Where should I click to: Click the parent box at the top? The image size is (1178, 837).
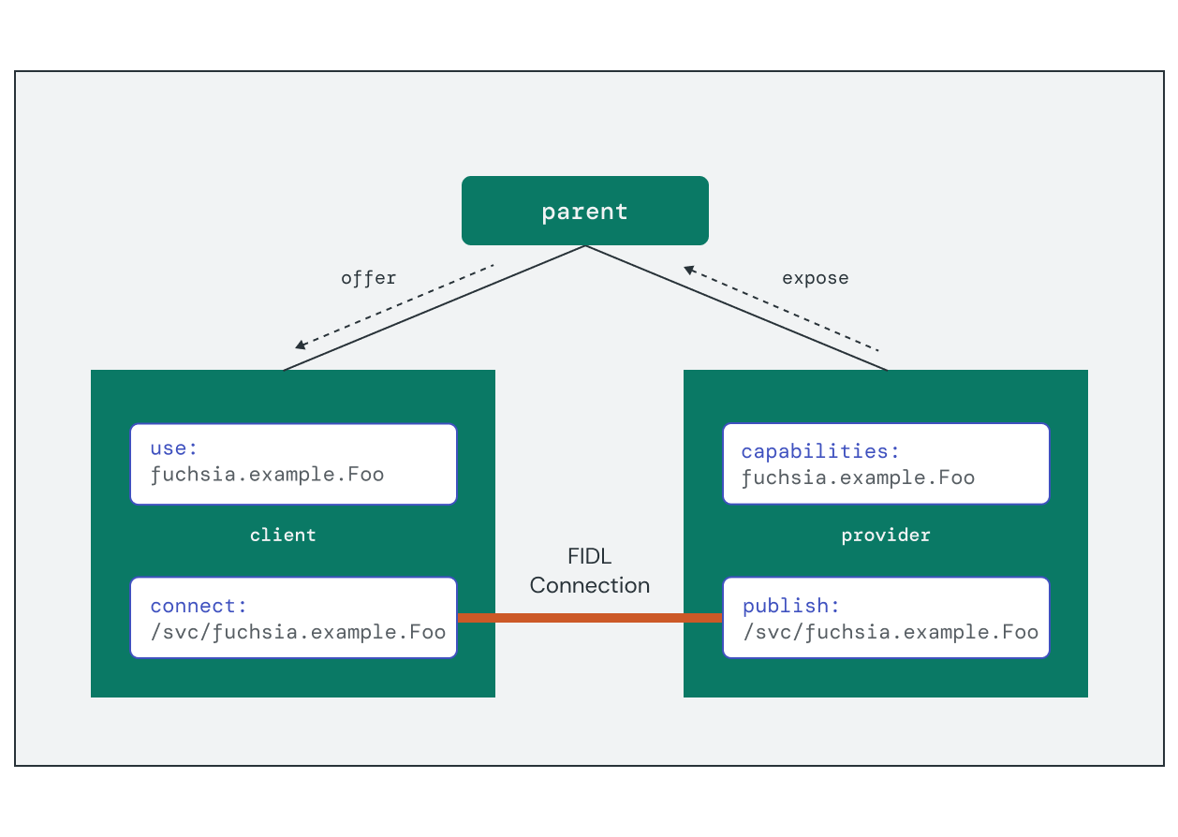click(584, 211)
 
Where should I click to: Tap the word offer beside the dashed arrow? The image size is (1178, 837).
click(368, 278)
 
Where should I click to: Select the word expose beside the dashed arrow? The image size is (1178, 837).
click(815, 278)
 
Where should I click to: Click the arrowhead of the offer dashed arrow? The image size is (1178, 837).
click(300, 345)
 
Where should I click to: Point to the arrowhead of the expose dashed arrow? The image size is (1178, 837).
click(689, 271)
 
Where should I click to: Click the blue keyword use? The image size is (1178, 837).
click(174, 448)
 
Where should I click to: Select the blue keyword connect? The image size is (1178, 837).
click(199, 606)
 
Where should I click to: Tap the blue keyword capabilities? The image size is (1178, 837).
click(820, 451)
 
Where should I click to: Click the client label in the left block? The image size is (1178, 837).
click(283, 536)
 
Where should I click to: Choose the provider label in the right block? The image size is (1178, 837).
click(885, 536)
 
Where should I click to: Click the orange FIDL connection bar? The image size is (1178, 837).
click(589, 618)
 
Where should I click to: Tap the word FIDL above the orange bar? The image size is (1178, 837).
click(589, 557)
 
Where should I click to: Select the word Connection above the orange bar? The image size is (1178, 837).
click(589, 585)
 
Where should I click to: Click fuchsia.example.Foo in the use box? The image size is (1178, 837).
click(267, 474)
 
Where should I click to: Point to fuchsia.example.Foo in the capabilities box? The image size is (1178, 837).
click(858, 477)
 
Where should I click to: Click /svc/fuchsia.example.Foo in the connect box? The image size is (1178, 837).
click(298, 632)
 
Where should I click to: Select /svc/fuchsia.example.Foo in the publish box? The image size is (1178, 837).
click(890, 632)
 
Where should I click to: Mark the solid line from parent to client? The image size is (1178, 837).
click(434, 308)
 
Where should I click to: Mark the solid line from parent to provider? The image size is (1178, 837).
click(737, 308)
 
